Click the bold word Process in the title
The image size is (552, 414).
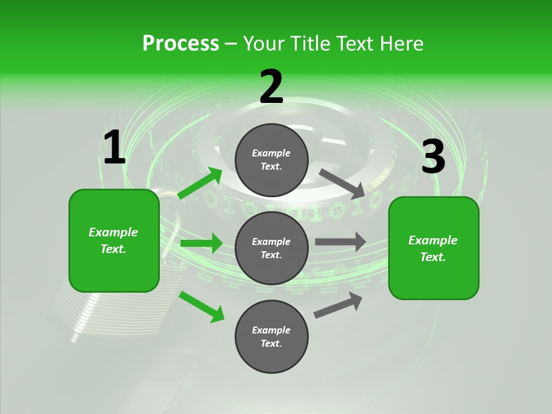181,44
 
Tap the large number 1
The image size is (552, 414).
114,148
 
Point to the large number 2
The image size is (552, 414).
271,87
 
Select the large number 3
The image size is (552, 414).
433,157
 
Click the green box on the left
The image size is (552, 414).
114,240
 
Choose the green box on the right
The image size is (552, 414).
434,248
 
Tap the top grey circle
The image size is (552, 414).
271,160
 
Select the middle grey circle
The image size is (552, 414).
271,248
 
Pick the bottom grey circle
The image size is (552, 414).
271,337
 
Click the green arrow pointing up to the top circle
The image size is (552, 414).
200,183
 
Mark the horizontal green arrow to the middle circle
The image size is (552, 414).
201,243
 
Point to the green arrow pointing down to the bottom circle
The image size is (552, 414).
201,306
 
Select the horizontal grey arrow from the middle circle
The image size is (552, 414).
340,242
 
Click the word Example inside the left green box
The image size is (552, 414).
113,232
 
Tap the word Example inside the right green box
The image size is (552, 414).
433,240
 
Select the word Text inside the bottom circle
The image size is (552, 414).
270,344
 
